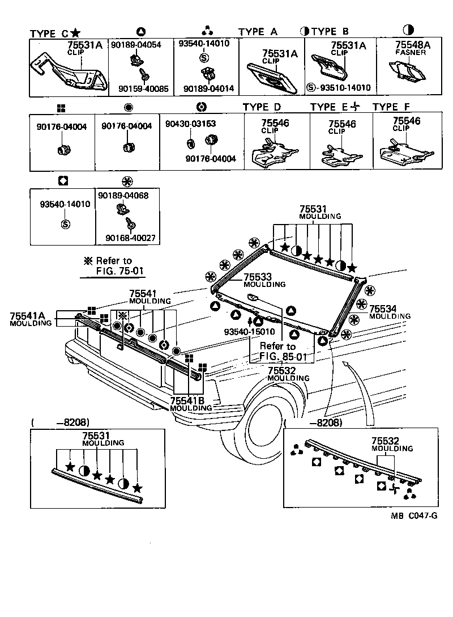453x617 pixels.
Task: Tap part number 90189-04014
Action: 208,88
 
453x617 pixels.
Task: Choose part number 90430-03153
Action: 190,123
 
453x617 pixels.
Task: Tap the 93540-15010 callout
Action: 249,332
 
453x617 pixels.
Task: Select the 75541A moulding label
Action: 31,318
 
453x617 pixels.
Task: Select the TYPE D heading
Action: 262,107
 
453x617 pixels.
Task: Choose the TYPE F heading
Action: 391,107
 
